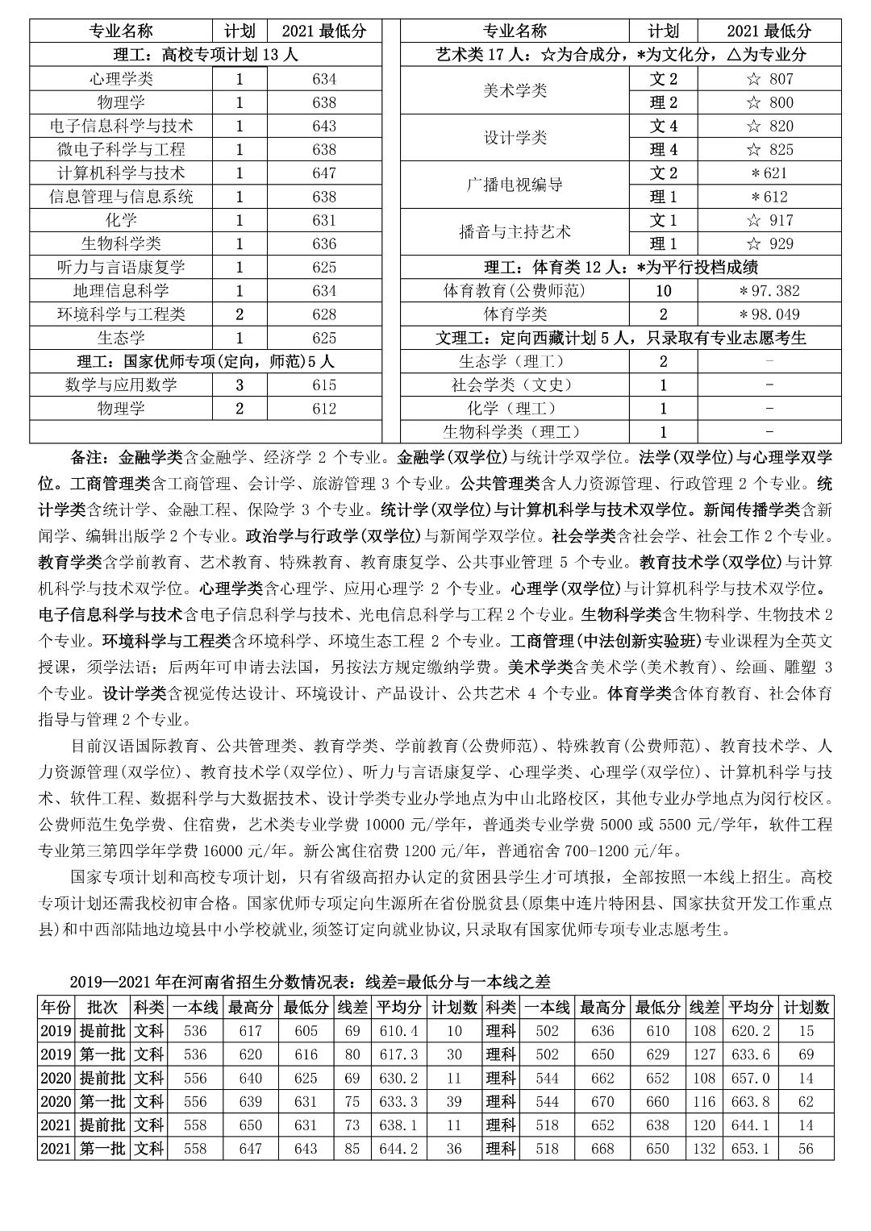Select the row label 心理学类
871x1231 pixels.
click(121, 79)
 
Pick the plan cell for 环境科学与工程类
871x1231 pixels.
click(240, 314)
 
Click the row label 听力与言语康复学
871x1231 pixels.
click(121, 268)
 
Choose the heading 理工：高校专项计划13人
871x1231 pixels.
click(205, 56)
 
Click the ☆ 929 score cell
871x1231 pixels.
click(769, 244)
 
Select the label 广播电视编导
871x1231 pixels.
click(515, 185)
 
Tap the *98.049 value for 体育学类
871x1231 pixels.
click(769, 314)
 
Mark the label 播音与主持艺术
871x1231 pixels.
click(515, 232)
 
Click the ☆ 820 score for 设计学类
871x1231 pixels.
click(769, 127)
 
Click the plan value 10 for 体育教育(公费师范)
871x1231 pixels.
click(663, 291)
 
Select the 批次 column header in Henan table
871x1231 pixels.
click(102, 1008)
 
